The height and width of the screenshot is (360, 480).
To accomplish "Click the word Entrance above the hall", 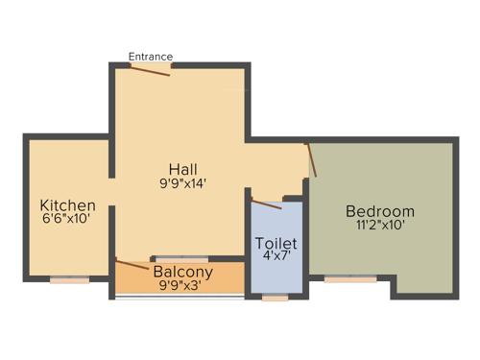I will (152, 57).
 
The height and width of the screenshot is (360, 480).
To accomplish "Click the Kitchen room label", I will (67, 205).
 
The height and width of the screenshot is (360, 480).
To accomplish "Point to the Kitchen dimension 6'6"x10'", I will (67, 219).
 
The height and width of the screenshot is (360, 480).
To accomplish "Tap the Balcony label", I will (178, 272).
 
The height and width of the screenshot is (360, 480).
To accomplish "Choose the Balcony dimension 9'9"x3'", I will (178, 285).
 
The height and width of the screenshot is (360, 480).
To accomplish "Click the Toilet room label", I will (276, 244).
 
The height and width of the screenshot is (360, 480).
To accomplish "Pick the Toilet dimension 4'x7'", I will (276, 257).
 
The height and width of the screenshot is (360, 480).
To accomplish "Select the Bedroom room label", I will (380, 211).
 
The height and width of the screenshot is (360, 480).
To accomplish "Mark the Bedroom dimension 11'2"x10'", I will (380, 226).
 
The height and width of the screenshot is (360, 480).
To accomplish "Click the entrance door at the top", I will (151, 70).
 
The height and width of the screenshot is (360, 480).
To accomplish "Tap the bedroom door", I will (311, 159).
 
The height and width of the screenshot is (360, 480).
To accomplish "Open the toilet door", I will (266, 204).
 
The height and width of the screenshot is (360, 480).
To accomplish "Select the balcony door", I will (131, 264).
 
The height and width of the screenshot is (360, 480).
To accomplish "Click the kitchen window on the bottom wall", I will (70, 279).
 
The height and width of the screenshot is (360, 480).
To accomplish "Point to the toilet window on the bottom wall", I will (275, 298).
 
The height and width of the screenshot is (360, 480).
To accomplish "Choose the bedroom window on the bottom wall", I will (349, 279).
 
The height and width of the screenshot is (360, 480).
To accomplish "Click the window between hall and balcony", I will (181, 259).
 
